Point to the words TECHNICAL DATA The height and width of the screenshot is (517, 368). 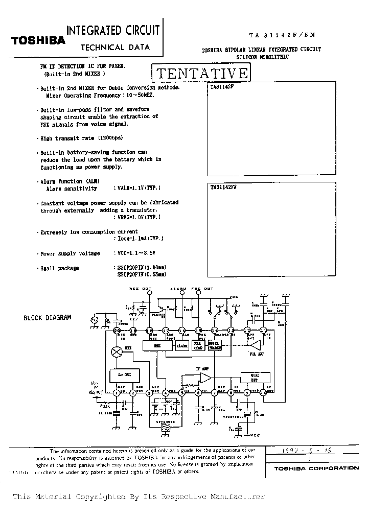(116, 48)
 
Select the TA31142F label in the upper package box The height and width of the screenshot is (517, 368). (221, 87)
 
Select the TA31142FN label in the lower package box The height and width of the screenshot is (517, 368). (223, 187)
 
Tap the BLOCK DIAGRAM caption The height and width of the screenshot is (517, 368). (48, 317)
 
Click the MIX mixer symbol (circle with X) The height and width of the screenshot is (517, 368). (117, 351)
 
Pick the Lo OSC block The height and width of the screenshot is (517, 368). (124, 374)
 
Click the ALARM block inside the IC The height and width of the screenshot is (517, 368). (182, 346)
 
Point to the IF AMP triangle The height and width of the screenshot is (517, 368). (206, 378)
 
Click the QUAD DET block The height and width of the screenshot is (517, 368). (255, 378)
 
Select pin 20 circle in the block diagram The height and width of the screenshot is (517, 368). (117, 331)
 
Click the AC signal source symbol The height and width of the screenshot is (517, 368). (95, 320)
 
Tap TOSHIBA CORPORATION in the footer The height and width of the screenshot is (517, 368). (316, 468)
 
